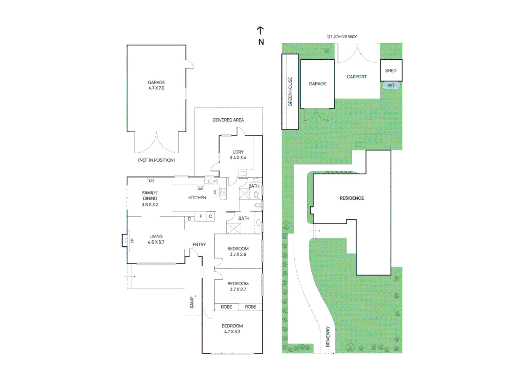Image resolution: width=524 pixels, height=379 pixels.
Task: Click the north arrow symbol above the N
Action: tap(260, 31)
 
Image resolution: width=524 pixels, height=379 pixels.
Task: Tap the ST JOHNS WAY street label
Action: tap(342, 36)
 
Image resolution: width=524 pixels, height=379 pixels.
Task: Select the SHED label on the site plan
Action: tap(391, 71)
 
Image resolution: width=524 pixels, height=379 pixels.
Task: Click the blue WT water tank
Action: tap(391, 85)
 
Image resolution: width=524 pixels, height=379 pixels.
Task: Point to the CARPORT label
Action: tap(356, 77)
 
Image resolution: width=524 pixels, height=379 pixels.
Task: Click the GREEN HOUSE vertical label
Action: tap(290, 92)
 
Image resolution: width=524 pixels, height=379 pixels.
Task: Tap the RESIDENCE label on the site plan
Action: tap(351, 198)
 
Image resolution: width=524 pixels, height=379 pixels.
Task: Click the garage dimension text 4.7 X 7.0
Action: tap(156, 88)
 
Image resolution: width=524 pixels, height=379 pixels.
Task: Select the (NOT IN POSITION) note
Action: tap(156, 160)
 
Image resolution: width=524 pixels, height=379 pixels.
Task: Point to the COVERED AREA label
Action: tap(228, 120)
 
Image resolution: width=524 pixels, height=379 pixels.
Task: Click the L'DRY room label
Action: tap(238, 152)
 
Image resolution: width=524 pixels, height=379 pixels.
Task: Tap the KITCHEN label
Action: tap(197, 198)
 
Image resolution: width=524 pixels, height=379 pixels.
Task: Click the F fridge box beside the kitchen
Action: tap(201, 216)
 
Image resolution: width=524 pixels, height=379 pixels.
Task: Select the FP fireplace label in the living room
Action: tap(132, 240)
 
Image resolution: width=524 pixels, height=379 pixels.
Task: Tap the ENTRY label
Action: tap(199, 244)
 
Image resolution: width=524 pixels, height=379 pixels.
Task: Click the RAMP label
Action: tap(192, 302)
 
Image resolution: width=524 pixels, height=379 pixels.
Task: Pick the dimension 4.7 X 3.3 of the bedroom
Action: tap(232, 332)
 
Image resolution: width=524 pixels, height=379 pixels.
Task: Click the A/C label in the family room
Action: tap(151, 181)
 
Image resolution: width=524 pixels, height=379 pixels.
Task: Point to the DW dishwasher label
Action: tap(200, 189)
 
